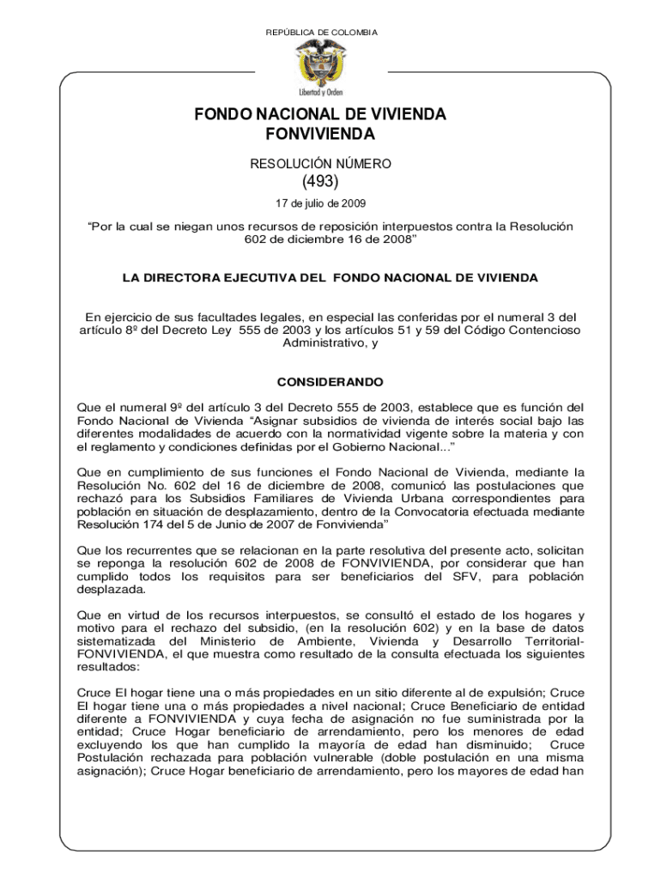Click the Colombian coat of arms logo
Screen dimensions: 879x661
coord(321,60)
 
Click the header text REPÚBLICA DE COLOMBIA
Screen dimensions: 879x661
coord(322,33)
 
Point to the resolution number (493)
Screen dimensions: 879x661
coord(321,182)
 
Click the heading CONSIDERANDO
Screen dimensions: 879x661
coord(330,381)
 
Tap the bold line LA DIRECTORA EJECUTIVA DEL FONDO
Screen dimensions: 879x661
coord(330,279)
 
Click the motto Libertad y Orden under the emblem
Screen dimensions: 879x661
coord(321,92)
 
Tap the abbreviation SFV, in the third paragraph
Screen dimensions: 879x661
coord(456,577)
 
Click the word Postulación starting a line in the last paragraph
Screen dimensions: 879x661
coord(113,758)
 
